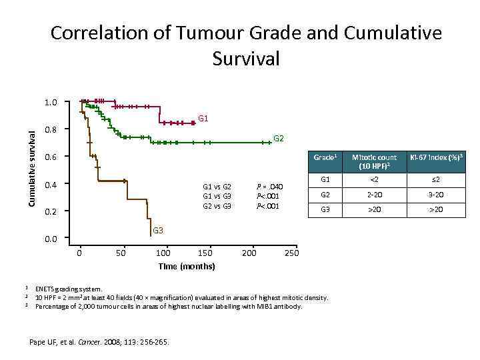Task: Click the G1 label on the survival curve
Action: tap(203, 119)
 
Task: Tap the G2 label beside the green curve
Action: tap(279, 139)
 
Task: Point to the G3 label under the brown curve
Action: tap(159, 231)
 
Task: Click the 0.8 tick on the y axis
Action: tap(51, 129)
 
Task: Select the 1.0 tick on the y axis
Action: tap(51, 102)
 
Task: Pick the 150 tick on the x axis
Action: tap(206, 253)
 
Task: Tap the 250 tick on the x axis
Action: tap(291, 253)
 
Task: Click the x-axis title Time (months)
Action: tap(187, 266)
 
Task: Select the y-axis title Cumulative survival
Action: tap(31, 166)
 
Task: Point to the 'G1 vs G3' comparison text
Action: tap(217, 197)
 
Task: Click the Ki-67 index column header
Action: tap(436, 157)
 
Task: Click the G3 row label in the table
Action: tap(325, 209)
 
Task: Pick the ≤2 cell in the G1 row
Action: tap(436, 180)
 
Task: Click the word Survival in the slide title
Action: tap(246, 59)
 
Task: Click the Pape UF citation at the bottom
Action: tap(100, 342)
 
